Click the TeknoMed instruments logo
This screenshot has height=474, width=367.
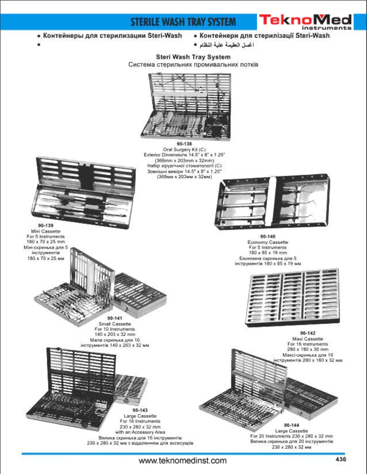[x=305, y=22]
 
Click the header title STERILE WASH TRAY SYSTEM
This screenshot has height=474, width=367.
[x=183, y=22]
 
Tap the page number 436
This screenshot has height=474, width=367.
[x=341, y=459]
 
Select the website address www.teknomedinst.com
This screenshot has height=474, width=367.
[x=183, y=460]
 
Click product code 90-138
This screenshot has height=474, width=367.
[x=184, y=144]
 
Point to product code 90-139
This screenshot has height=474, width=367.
[x=45, y=226]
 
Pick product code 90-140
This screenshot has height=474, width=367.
[x=268, y=237]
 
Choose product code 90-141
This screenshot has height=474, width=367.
[x=115, y=318]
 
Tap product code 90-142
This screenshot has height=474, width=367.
[x=307, y=333]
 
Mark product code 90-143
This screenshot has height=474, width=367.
[x=140, y=410]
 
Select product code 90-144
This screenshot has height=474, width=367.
[x=291, y=425]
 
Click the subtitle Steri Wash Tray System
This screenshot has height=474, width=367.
[x=193, y=57]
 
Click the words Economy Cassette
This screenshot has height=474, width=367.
[x=268, y=242]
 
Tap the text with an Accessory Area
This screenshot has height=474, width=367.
[x=140, y=432]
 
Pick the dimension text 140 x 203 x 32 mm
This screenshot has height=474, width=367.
[x=115, y=334]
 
